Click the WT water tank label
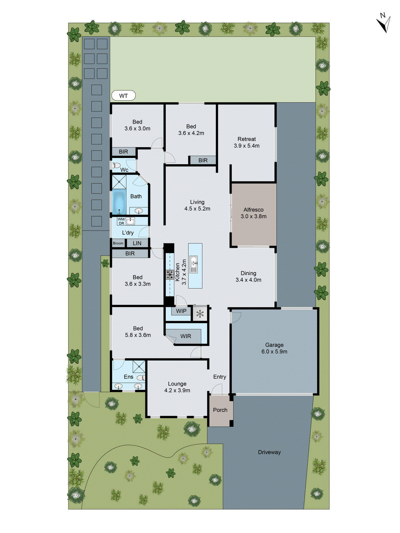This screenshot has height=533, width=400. coord(123,96)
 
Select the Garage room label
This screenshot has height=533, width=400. coord(274,348)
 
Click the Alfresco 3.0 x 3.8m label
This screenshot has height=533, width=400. coord(253,213)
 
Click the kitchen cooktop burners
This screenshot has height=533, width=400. coord(170,274)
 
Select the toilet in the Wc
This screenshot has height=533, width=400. coord(116,165)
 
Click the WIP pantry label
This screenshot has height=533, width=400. coord(181,311)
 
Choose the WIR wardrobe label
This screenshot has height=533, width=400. coord(186,336)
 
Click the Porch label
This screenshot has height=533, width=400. coord(220,410)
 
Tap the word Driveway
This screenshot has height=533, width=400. coord(269,452)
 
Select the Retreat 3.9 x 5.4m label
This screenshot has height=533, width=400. coord(247,142)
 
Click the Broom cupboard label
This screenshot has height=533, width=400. coord(118,243)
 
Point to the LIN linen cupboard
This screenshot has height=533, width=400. coord(137,243)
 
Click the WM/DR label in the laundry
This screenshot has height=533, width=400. coord(121,221)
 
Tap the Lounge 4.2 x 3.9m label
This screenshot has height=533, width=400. coord(177,387)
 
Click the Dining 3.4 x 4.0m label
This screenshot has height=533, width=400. coord(248,276)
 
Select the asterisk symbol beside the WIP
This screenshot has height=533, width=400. coord(200,313)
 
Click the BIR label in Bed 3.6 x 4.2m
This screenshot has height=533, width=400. coord(203,160)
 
